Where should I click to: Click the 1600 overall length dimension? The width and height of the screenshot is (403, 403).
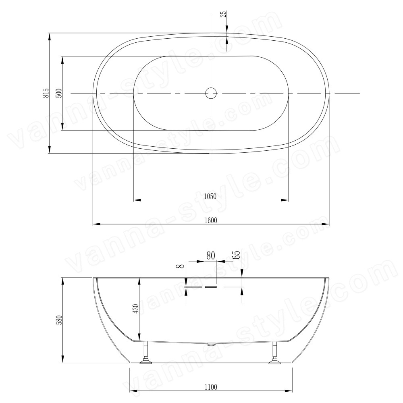tap(211, 220)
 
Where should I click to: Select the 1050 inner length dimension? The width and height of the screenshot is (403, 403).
tap(210, 196)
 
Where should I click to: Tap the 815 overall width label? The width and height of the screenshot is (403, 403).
tap(46, 93)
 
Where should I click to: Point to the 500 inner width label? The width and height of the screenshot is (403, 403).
tap(59, 93)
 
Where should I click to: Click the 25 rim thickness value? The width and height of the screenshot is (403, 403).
tap(223, 14)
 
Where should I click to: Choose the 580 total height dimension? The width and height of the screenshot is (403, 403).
tap(59, 320)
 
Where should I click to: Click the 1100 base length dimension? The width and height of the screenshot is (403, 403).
tap(211, 387)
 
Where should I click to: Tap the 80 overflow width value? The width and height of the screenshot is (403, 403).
tap(210, 256)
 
